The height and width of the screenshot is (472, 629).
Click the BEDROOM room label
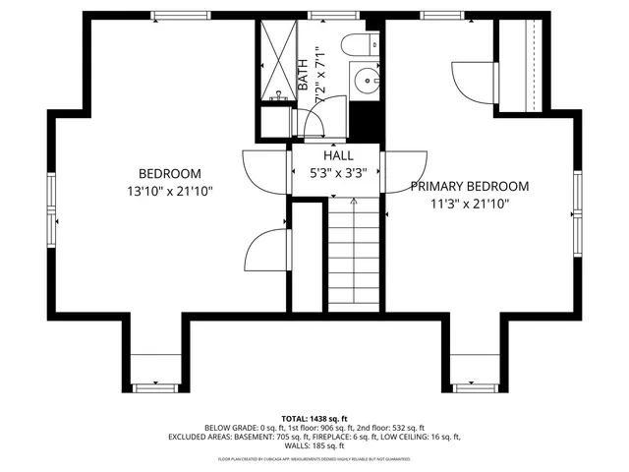point(170,173)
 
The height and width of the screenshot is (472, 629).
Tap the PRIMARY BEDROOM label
point(470,186)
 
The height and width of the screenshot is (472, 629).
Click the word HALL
point(338,155)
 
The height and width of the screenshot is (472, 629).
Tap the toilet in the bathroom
point(357,42)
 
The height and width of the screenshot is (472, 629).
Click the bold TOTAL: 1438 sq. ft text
point(314,419)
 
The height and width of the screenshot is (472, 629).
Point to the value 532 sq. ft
point(407,429)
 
